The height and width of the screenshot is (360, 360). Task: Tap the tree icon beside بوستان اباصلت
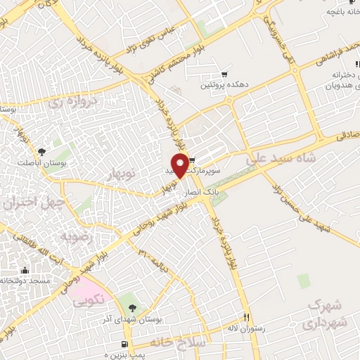pyautogui.click(x=43, y=151)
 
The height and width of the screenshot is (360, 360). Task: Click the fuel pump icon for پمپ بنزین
pyautogui.click(x=124, y=345)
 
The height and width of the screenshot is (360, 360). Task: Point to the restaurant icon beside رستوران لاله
pyautogui.click(x=246, y=317)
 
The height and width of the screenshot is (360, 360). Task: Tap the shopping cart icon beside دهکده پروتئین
pyautogui.click(x=224, y=74)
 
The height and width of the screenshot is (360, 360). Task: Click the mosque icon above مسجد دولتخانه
pyautogui.click(x=25, y=271)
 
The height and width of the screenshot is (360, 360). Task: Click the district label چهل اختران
pyautogui.click(x=33, y=204)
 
